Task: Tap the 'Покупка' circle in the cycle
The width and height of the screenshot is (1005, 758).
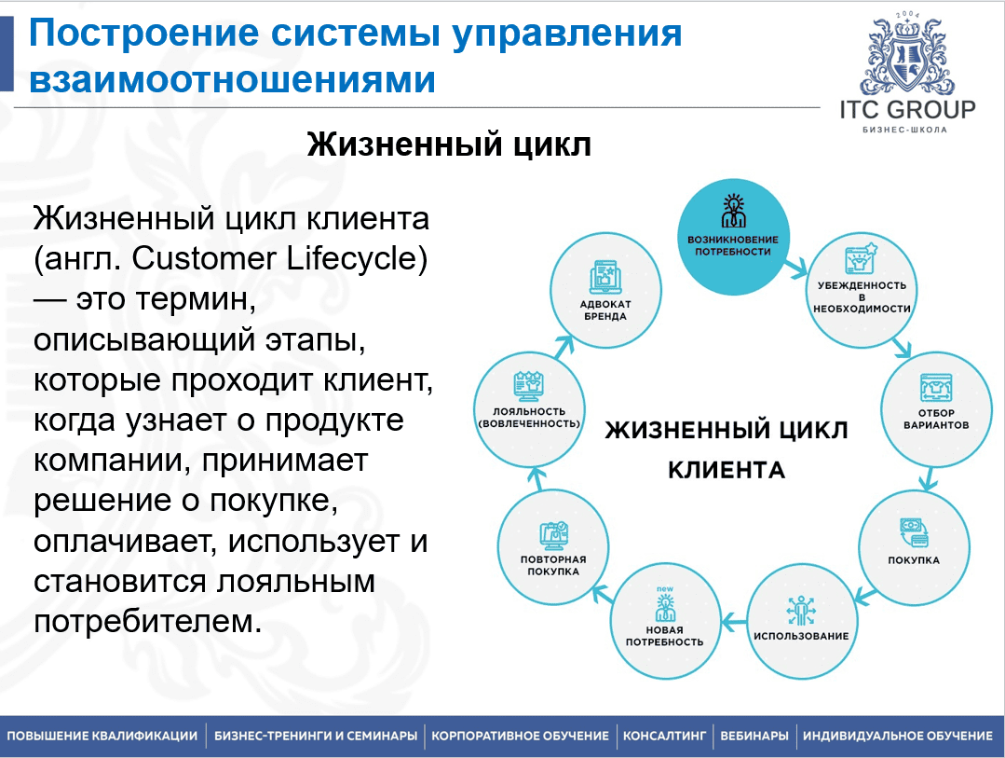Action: [x=913, y=545]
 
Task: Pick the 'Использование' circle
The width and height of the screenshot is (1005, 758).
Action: [x=801, y=621]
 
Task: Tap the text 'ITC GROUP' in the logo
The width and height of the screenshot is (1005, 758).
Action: [x=906, y=109]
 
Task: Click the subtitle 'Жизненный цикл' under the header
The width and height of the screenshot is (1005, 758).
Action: [x=449, y=146]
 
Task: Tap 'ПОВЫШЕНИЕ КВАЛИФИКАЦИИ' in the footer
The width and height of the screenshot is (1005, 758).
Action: [x=102, y=737]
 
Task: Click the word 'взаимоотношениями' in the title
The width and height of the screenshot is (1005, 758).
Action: [x=232, y=79]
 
